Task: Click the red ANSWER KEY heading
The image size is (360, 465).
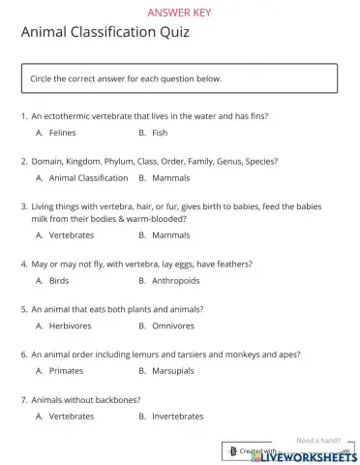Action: coord(179,13)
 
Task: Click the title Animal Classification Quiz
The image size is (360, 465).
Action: coord(105,34)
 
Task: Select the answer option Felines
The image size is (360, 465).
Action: coord(62,132)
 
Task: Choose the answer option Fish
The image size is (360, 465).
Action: coord(160,132)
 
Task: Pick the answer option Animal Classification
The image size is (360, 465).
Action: coord(88,178)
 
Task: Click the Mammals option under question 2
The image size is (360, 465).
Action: coord(170,178)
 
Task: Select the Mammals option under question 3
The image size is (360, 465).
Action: coord(170,234)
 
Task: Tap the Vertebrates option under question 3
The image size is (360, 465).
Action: coord(72,234)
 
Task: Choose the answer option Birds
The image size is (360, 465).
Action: coord(59,281)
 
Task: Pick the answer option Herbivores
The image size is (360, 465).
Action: coord(70,325)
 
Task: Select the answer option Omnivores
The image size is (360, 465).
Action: coord(173,325)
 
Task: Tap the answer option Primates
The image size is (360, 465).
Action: coord(66,370)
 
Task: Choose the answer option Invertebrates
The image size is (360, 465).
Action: coord(178,416)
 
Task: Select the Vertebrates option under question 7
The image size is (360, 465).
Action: coord(72,416)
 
